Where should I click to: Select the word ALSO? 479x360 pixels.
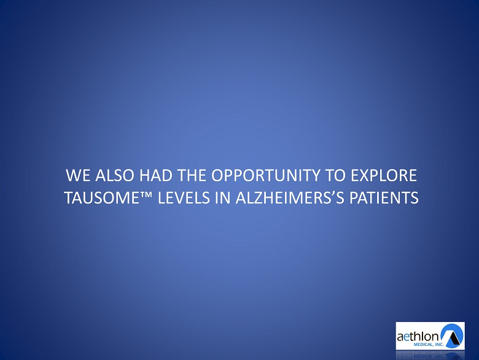point(115,176)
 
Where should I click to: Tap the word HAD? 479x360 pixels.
point(155,176)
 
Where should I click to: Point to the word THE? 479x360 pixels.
point(191,176)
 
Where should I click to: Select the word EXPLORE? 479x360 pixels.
point(384,176)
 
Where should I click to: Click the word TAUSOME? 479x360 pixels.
point(103,198)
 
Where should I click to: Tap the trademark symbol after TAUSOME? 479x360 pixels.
point(147,194)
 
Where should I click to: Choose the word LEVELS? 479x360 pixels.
point(184,198)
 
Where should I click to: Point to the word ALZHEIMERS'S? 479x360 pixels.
point(290,198)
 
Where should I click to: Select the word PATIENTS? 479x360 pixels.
point(384,198)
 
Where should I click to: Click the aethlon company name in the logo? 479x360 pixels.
point(418,337)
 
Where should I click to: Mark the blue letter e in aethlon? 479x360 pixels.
point(406,337)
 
